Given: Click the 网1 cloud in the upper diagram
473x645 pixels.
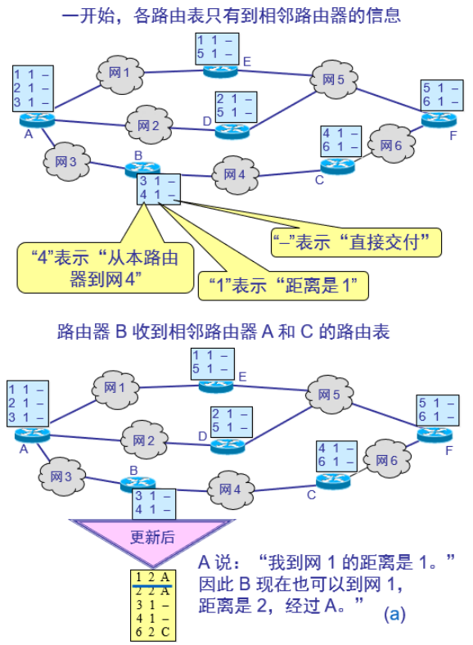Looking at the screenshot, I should pyautogui.click(x=119, y=74).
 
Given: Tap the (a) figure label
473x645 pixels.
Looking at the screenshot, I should pyautogui.click(x=395, y=613).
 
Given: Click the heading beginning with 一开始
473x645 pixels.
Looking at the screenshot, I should pyautogui.click(x=232, y=16).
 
